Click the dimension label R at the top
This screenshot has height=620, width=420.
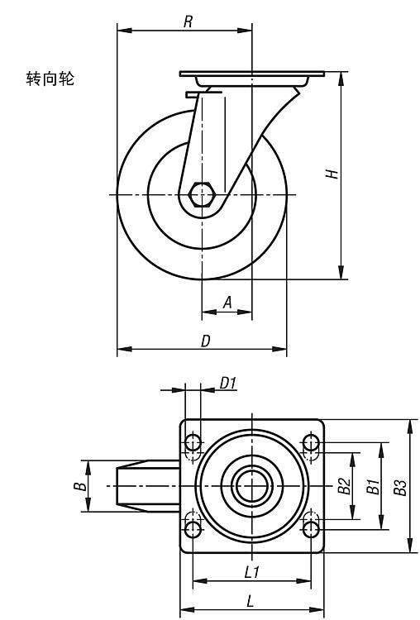pos(189,21)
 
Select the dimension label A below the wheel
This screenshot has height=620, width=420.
pos(227,303)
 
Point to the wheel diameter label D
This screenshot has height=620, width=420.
pos(206,341)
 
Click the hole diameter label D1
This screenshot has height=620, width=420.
pos(228,383)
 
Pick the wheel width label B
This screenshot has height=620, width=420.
pos(80,485)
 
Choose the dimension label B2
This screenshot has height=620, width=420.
pos(344,486)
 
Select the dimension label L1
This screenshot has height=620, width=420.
pos(251,572)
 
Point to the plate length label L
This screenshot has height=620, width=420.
pos(250,602)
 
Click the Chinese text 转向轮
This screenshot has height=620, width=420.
pos(50,79)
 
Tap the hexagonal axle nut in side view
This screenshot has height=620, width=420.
pos(201,194)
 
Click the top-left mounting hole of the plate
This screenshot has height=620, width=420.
pos(193,442)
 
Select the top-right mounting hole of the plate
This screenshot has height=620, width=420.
pos(311,442)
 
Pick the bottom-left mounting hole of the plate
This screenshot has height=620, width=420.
pos(193,529)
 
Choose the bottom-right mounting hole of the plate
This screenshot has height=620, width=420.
pos(311,529)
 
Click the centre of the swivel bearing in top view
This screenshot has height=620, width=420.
pos(252,485)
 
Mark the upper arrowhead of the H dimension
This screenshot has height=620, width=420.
pos(341,79)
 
